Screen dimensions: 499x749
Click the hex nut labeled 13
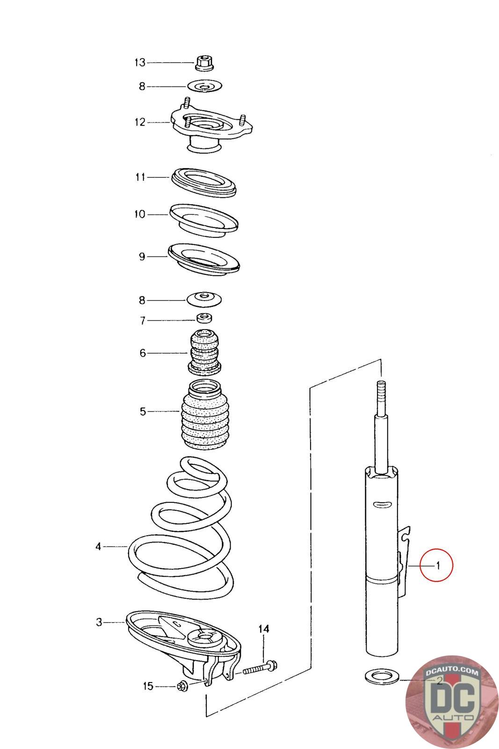pos(204,63)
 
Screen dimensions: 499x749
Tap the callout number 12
pos(140,122)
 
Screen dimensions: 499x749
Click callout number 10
pos(140,214)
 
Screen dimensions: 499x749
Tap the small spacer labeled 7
pos(204,319)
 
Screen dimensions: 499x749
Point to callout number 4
pos(98,546)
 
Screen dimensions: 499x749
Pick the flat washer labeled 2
pos(381,677)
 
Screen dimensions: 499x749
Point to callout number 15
pos(148,686)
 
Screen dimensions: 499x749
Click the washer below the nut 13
pos(204,86)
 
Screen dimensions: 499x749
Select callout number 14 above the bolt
pos(264,629)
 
